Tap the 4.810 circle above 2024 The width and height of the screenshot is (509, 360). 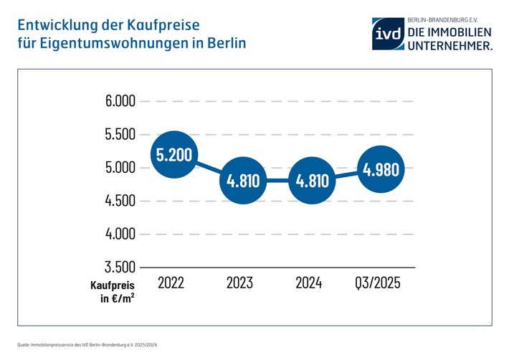[x=313, y=181]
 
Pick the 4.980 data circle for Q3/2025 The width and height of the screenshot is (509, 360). [x=381, y=170]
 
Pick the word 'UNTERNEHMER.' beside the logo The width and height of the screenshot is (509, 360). [x=450, y=45]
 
